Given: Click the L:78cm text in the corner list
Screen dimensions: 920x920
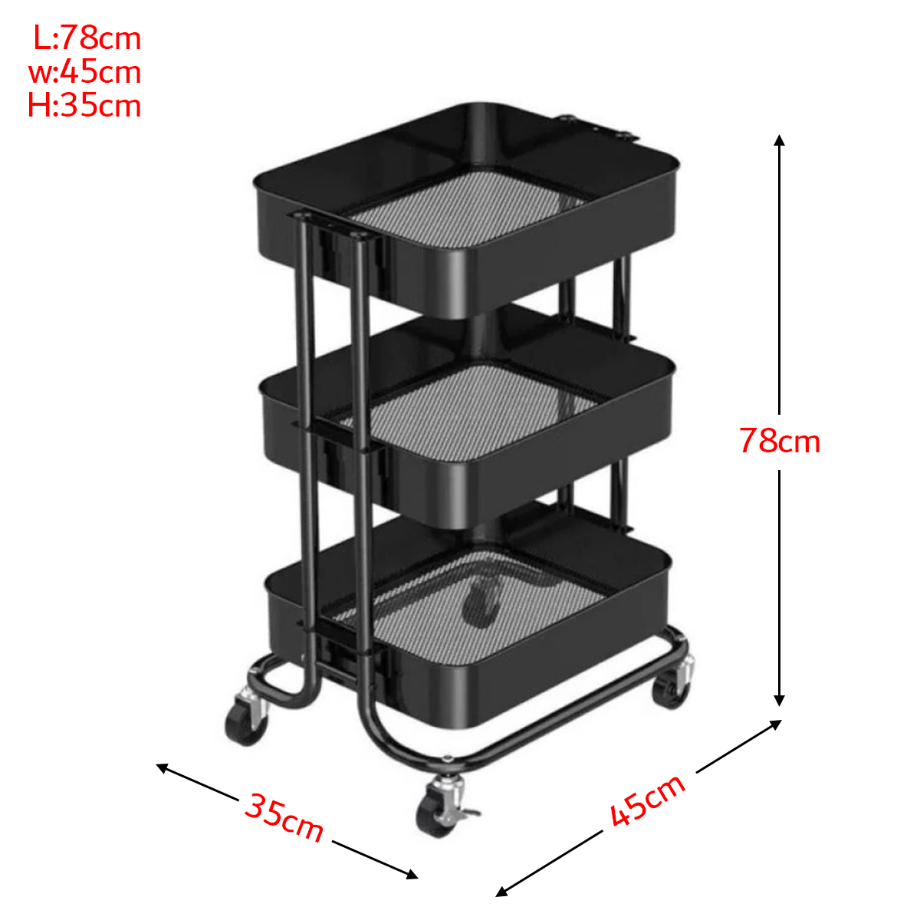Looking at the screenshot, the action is tap(87, 38).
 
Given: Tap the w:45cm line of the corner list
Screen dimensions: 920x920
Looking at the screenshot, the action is tap(85, 72).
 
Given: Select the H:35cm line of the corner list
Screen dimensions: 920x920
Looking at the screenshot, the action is tap(84, 106).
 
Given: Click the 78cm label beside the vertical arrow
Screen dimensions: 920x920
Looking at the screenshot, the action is tap(780, 441).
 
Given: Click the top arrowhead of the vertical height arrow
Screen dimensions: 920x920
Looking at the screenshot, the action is tap(779, 140).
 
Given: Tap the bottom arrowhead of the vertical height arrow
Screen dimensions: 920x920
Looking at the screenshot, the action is tap(779, 700).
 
